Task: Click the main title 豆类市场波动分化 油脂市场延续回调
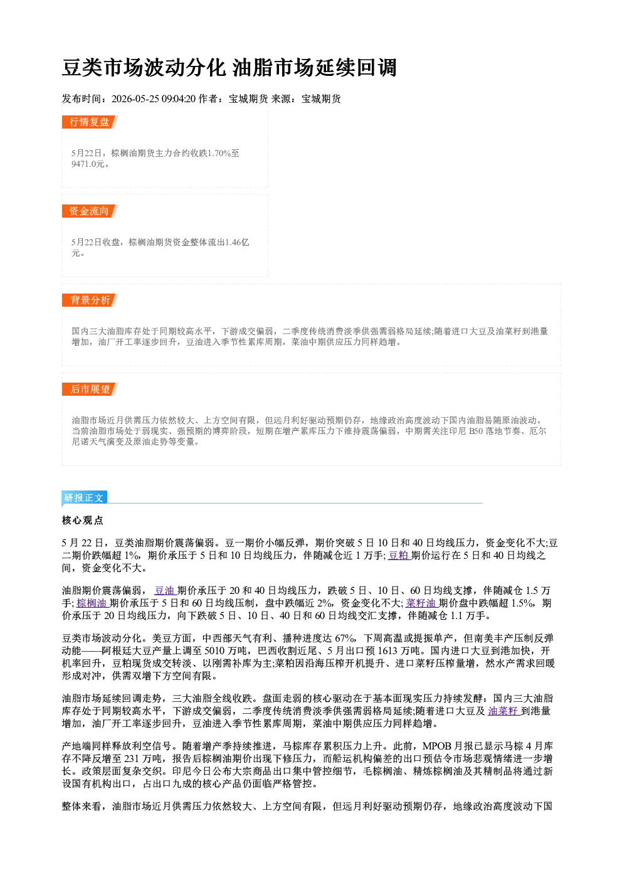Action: [x=229, y=68]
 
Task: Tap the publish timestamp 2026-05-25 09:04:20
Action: [x=154, y=99]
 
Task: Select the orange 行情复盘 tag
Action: [x=90, y=122]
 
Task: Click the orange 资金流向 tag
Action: [x=90, y=211]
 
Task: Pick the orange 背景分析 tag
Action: [x=90, y=300]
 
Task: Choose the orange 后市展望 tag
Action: [x=90, y=390]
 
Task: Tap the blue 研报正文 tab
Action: [x=84, y=498]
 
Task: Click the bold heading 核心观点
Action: [x=83, y=521]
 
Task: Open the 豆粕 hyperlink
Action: [x=399, y=556]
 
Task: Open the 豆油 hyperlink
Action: [x=166, y=590]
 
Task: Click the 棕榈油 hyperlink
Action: [x=92, y=603]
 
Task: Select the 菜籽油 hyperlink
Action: [x=422, y=603]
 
